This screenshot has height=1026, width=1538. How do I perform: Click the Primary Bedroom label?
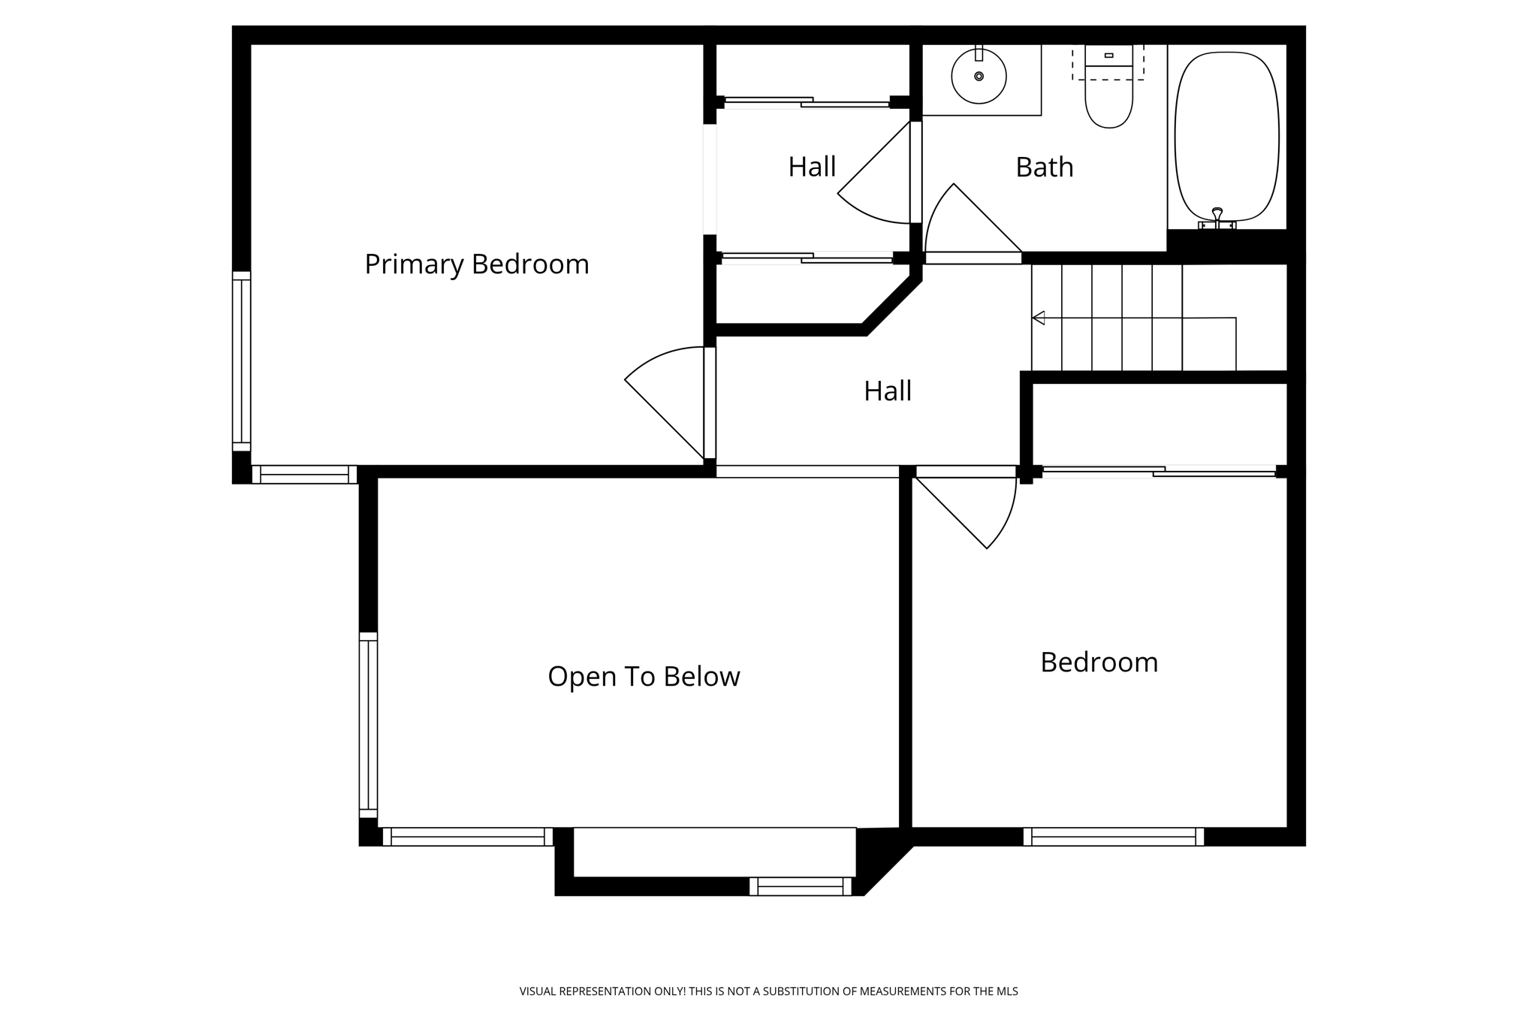tap(476, 264)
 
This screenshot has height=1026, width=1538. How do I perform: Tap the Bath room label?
tap(1044, 167)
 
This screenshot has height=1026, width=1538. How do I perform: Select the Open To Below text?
tap(644, 677)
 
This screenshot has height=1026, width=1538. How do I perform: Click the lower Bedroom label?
tap(1099, 662)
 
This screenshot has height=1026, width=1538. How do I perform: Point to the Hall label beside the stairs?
tap(887, 391)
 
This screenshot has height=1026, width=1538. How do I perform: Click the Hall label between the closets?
tap(811, 167)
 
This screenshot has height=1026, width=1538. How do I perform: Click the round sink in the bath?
tap(979, 76)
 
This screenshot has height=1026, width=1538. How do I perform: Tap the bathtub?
tap(1226, 135)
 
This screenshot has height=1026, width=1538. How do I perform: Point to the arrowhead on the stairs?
tap(1039, 318)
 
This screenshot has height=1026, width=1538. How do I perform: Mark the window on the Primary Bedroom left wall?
tap(241, 361)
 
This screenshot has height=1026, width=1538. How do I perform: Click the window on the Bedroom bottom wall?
tap(1113, 837)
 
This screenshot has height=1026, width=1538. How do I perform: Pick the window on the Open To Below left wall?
tap(368, 725)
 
